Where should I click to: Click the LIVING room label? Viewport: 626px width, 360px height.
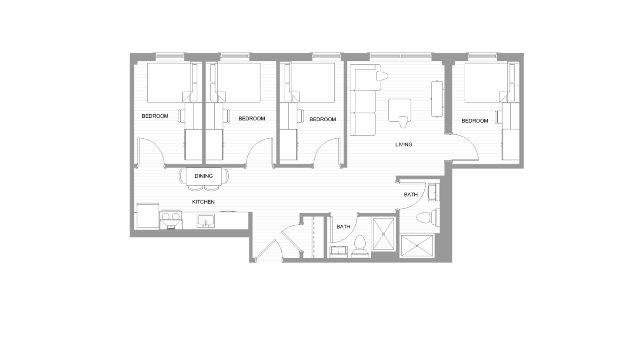coord(403,144)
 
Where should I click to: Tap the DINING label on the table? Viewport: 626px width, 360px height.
coord(204,176)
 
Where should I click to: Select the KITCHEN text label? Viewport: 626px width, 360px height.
coord(203,202)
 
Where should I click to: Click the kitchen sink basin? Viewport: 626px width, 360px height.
coord(206,220)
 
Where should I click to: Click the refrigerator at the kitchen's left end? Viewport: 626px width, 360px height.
coord(148,216)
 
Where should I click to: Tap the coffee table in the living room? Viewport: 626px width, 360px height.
coord(400,110)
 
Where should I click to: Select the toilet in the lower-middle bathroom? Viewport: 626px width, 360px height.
coord(360,247)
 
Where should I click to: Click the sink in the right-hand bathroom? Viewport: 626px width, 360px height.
coord(433,192)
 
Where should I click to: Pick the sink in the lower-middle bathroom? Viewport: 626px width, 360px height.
coord(339,252)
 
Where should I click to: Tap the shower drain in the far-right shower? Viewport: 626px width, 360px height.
coord(417,246)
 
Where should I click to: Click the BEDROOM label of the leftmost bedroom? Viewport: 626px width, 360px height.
coord(155,116)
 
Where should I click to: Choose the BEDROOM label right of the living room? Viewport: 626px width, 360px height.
coord(475,121)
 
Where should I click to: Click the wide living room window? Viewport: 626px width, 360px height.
coord(401,56)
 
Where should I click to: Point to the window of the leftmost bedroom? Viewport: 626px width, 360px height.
coord(170,56)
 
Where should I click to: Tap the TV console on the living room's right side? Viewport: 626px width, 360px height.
coord(437,98)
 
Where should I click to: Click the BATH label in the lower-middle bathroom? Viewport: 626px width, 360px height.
coord(343,227)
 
